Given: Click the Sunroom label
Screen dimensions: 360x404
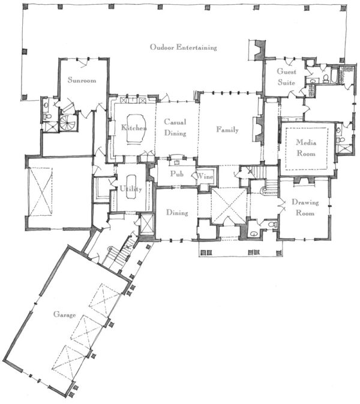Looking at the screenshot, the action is pyautogui.click(x=82, y=80).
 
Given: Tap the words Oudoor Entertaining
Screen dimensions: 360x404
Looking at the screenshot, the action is pyautogui.click(x=184, y=47).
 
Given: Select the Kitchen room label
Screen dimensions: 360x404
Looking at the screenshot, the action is pyautogui.click(x=134, y=127).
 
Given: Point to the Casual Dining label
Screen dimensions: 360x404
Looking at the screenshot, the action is pyautogui.click(x=175, y=127).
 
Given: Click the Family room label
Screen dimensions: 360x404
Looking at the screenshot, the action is pyautogui.click(x=227, y=129).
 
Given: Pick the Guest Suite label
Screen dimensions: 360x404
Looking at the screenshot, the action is pyautogui.click(x=286, y=77).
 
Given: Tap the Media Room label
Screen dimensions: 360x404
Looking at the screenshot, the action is pyautogui.click(x=306, y=148).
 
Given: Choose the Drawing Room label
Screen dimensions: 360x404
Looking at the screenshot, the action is pyautogui.click(x=305, y=207).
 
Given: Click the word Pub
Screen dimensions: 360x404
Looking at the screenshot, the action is pyautogui.click(x=177, y=174).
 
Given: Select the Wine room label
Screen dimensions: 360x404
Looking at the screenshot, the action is pyautogui.click(x=205, y=176).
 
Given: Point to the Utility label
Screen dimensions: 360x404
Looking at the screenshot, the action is pyautogui.click(x=131, y=189).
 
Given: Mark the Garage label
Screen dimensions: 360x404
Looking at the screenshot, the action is pyautogui.click(x=64, y=314).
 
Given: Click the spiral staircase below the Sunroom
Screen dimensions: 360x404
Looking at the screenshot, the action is pyautogui.click(x=68, y=123).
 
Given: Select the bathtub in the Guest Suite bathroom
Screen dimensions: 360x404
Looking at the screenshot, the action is pyautogui.click(x=334, y=76).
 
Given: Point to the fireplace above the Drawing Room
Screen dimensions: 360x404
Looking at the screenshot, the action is pyautogui.click(x=304, y=180).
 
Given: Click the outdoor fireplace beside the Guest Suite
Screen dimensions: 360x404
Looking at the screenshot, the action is pyautogui.click(x=259, y=50).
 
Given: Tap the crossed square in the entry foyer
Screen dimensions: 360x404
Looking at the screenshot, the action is pyautogui.click(x=229, y=206).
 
